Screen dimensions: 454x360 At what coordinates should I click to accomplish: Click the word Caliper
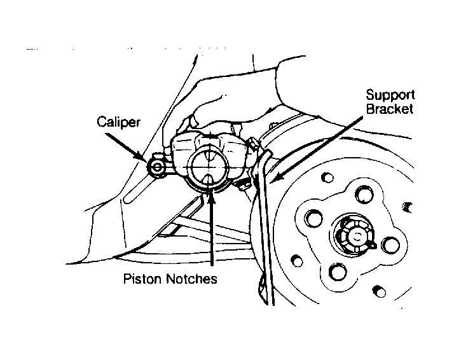118,122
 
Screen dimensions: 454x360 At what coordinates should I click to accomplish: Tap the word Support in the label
390,95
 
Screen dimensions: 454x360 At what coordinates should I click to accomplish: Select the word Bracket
389,109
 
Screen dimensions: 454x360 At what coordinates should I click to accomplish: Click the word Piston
142,279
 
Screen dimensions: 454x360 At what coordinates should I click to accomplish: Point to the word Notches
191,279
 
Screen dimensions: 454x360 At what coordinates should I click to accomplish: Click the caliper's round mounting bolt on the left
157,167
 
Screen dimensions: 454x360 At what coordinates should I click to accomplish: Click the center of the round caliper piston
208,168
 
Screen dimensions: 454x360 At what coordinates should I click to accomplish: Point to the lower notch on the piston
209,180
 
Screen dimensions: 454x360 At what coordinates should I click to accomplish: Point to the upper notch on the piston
209,156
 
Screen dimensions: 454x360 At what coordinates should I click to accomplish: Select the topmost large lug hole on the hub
364,195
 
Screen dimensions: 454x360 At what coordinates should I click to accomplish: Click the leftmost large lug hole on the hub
314,218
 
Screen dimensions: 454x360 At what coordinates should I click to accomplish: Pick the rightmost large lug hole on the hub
390,245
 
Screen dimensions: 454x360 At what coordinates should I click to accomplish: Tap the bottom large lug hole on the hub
338,272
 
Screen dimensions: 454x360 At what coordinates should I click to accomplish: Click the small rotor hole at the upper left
327,177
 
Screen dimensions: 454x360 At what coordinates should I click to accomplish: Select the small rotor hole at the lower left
297,261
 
